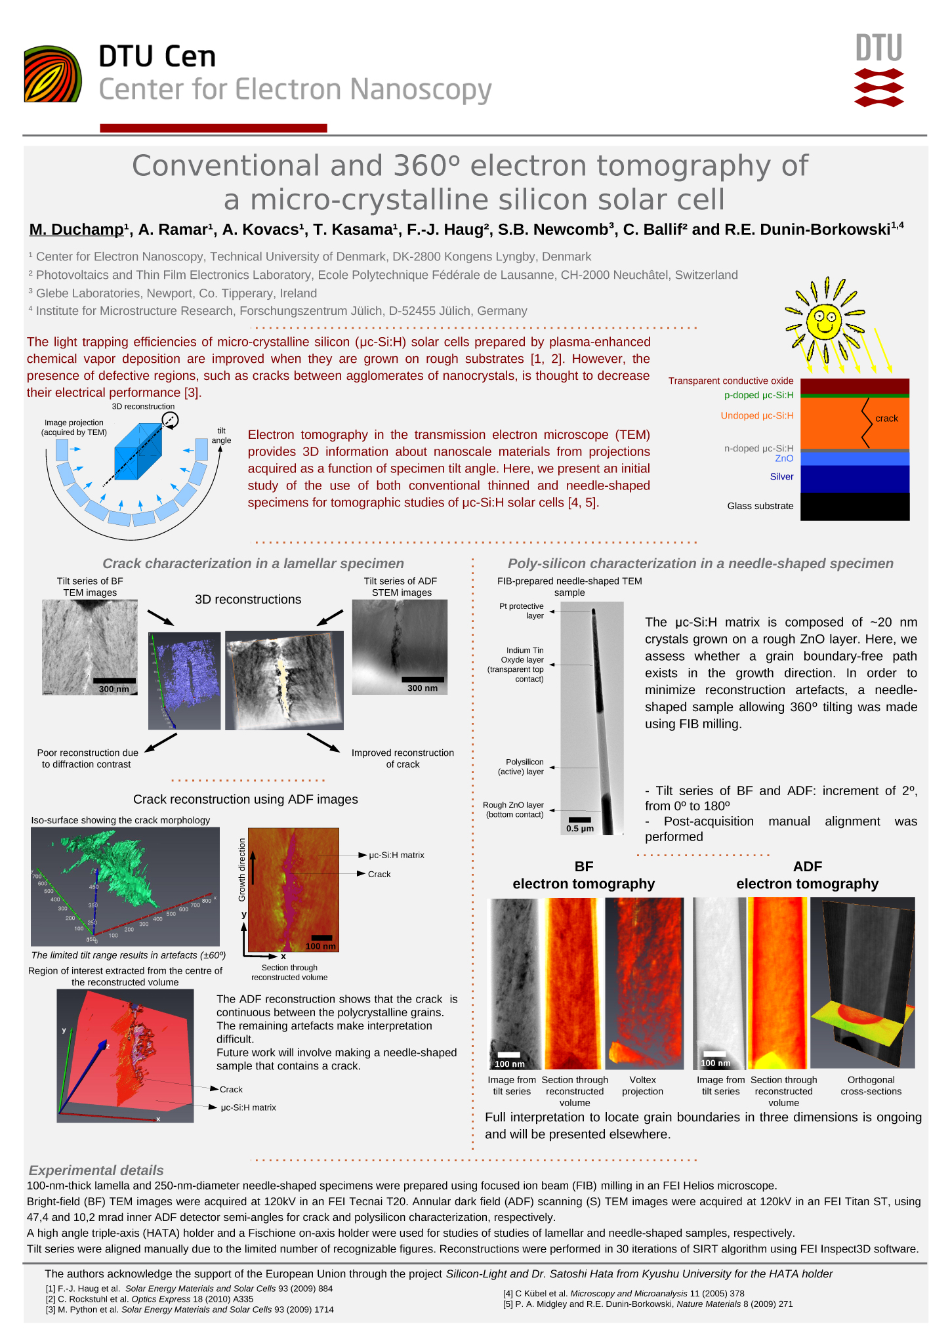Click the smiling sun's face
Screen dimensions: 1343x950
pos(823,321)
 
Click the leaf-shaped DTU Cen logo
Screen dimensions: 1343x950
pos(52,74)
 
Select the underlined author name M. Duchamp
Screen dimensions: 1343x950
pos(76,230)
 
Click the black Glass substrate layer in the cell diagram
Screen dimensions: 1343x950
pos(854,506)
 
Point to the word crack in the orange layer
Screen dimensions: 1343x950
pos(886,419)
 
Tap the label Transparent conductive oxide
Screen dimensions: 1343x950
pos(730,381)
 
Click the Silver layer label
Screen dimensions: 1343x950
pos(781,477)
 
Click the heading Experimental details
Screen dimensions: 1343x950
pos(96,1170)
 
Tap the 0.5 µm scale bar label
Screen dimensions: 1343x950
pos(579,829)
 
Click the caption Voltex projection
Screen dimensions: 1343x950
pos(642,1086)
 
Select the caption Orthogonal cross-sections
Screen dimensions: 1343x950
pos(871,1086)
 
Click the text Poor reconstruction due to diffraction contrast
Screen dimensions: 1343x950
pos(87,758)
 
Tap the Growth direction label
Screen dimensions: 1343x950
pos(242,869)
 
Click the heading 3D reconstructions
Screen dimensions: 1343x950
pos(248,600)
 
